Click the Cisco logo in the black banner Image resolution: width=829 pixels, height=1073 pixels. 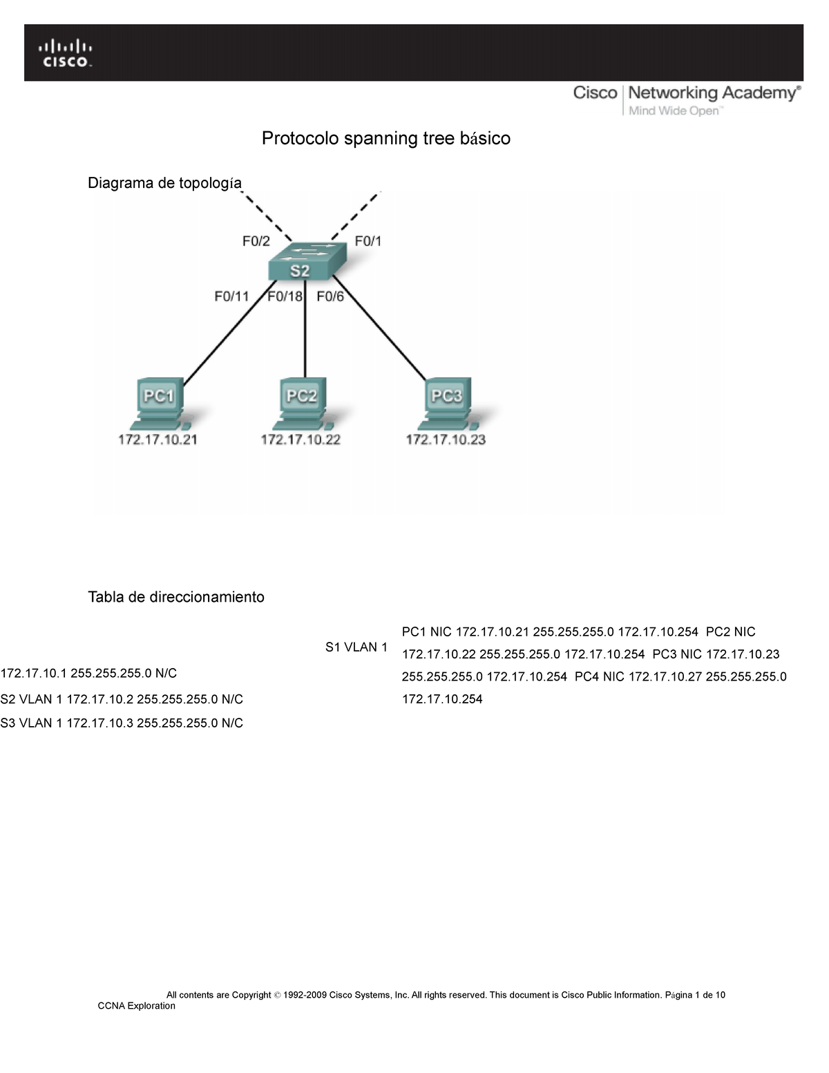pos(65,53)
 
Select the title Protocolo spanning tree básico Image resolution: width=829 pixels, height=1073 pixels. pos(385,138)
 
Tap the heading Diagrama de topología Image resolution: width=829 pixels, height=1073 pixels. pos(164,182)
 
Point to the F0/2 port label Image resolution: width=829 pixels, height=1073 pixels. pos(256,241)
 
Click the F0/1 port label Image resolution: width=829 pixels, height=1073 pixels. pos(368,241)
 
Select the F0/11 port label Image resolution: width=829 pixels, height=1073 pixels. pos(231,296)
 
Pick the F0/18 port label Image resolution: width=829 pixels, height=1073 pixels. pos(285,296)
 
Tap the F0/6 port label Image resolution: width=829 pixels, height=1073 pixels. pos(330,296)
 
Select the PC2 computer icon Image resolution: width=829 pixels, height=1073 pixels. pos(303,401)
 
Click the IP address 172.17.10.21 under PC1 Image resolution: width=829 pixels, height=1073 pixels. pos(158,439)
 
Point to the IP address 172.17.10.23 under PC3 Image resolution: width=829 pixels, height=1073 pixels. pos(446,439)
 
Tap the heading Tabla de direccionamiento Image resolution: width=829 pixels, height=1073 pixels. pos(175,597)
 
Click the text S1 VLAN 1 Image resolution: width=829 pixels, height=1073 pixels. pos(356,647)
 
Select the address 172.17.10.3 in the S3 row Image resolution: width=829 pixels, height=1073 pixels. pos(99,723)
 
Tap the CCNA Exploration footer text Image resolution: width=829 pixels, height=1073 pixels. pos(136,1006)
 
